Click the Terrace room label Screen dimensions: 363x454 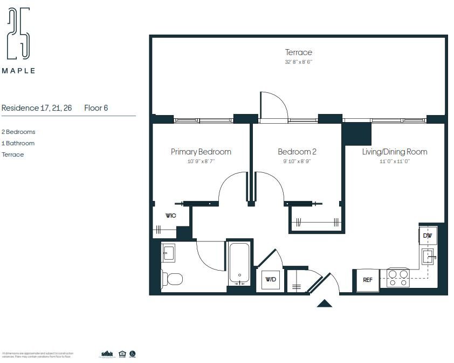[299, 52]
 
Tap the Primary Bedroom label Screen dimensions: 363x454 [201, 152]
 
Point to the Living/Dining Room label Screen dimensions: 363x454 [394, 152]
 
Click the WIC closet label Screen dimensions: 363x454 [170, 216]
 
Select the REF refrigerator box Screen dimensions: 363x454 [367, 280]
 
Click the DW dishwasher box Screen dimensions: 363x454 [428, 236]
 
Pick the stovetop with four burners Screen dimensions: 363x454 [398, 278]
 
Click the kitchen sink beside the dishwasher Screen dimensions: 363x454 [429, 256]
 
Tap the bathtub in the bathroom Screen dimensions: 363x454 [239, 263]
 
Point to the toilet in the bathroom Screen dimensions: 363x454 [172, 279]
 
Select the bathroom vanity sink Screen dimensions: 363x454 [168, 252]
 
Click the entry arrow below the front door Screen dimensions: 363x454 [324, 303]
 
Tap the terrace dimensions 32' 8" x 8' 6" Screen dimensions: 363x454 [299, 62]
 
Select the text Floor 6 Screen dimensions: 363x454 [96, 108]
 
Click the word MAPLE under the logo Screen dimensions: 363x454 [18, 71]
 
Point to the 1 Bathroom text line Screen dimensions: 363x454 [18, 143]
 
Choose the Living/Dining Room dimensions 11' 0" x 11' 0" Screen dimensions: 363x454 [394, 161]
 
